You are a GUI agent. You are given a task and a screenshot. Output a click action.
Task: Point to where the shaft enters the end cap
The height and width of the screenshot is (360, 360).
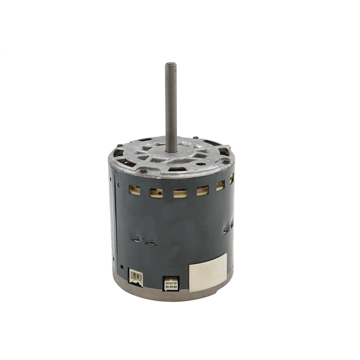pyautogui.click(x=171, y=150)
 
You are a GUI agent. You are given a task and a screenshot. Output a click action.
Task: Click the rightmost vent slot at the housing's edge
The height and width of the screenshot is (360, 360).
pyautogui.click(x=231, y=179)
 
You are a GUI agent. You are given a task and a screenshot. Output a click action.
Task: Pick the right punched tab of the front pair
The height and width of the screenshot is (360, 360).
pyautogui.click(x=152, y=242)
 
